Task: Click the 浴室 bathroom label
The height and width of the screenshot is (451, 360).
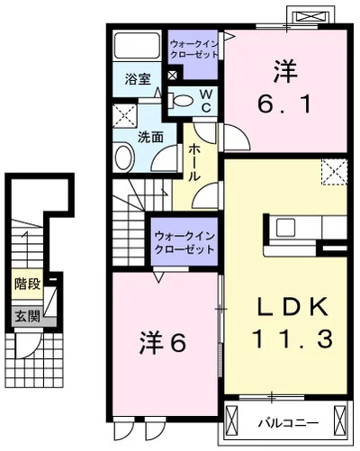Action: [x=138, y=79]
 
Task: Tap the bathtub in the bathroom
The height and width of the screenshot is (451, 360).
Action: [x=137, y=46]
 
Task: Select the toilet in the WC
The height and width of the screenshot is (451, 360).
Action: [x=180, y=101]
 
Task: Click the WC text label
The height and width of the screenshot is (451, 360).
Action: [x=206, y=101]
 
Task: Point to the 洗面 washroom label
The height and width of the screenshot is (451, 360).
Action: [x=150, y=138]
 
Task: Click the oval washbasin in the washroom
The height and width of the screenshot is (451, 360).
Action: [x=124, y=157]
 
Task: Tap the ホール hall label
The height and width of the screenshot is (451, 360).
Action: [x=194, y=162]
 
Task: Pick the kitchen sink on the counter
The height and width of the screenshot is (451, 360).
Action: [x=285, y=228]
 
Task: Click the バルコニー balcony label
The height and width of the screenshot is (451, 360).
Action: [x=289, y=423]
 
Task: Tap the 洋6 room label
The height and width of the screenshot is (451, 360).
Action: [x=163, y=342]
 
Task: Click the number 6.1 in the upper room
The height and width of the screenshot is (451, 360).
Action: [x=284, y=104]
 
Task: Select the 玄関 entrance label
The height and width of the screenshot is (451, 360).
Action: [x=28, y=316]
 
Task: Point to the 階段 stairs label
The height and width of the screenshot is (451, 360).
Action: [x=28, y=284]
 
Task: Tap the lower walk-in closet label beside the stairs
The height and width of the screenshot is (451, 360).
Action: [x=184, y=242]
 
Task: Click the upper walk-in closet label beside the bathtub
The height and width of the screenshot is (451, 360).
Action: [x=194, y=49]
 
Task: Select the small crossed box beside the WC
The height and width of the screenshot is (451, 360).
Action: [x=172, y=76]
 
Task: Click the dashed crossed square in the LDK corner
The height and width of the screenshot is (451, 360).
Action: [x=335, y=172]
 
